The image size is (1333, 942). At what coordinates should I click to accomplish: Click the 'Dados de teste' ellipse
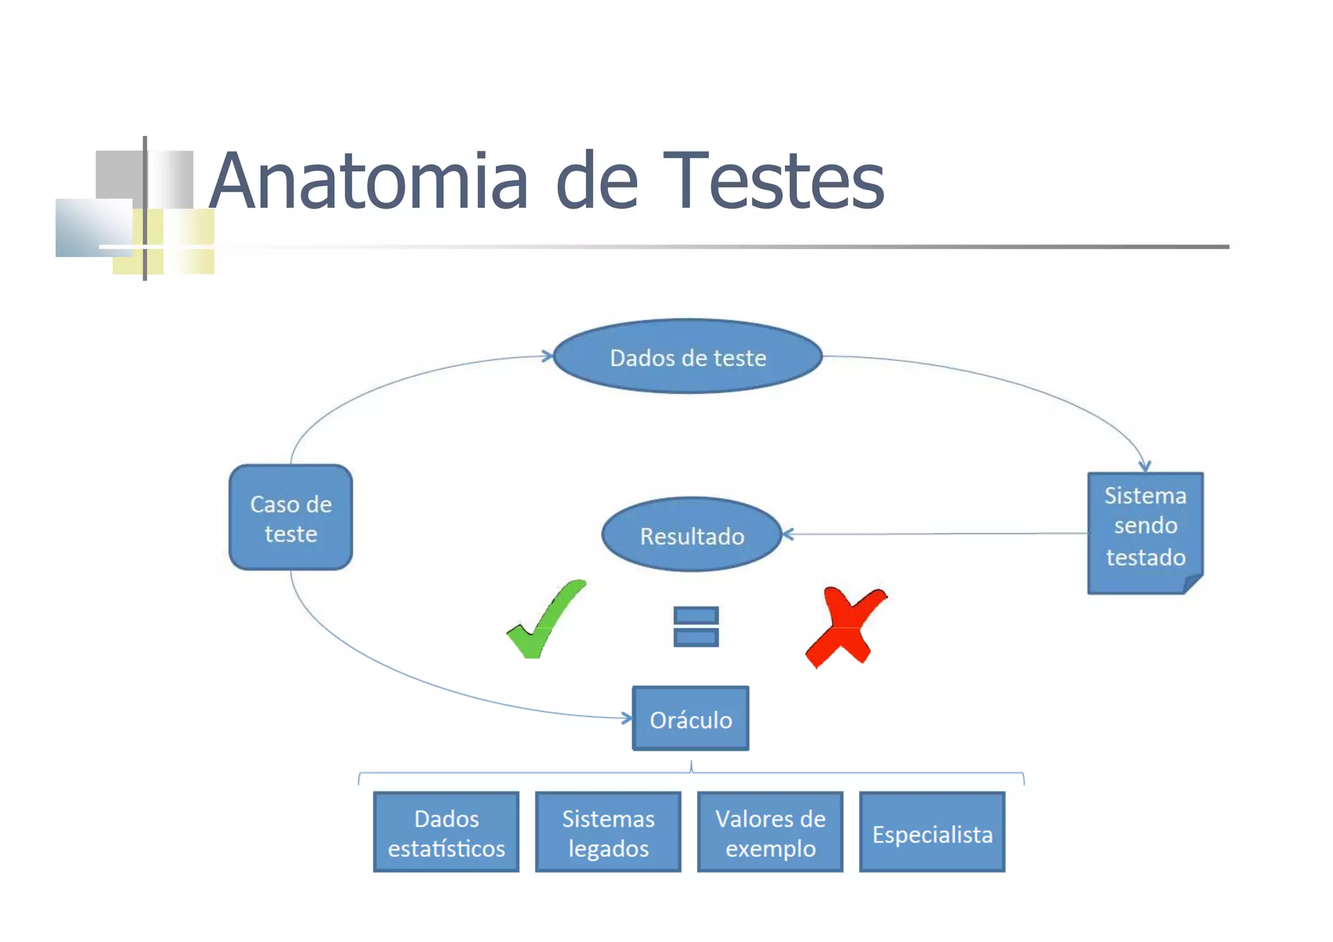(688, 357)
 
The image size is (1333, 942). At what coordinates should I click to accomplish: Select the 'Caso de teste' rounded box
(291, 518)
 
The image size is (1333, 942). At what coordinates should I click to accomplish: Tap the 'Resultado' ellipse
(691, 535)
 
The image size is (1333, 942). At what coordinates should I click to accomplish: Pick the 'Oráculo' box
(691, 719)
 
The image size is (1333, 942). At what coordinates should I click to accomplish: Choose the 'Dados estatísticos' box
(447, 832)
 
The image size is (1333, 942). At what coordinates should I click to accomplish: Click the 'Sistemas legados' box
(608, 832)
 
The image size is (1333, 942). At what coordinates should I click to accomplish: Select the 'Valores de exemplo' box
(770, 832)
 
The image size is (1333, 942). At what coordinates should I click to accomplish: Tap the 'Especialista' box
(932, 833)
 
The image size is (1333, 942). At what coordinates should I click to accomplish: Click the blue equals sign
(696, 626)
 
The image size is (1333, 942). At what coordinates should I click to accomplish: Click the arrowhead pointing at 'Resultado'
(788, 534)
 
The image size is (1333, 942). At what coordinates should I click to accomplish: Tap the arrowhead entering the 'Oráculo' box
(627, 718)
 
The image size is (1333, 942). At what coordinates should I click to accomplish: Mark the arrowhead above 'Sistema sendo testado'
(1145, 466)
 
